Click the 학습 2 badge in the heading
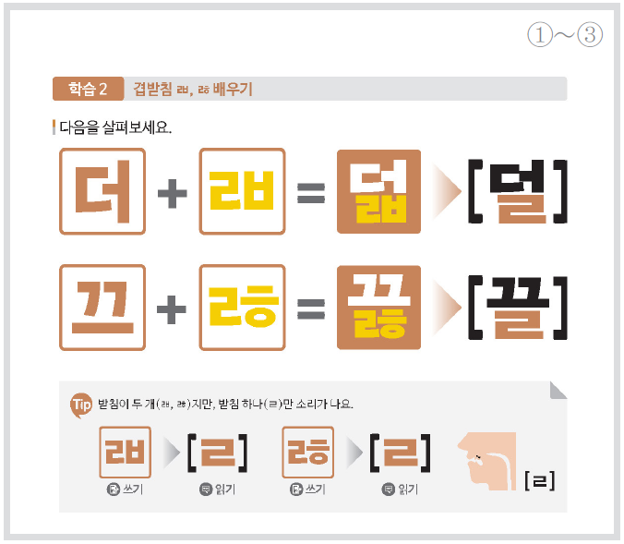(x=88, y=89)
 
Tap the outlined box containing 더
(x=102, y=191)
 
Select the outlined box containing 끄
(x=102, y=308)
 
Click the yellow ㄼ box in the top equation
(x=242, y=191)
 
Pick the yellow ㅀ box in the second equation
(x=242, y=308)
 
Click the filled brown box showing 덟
(x=378, y=191)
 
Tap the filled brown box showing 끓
(x=378, y=308)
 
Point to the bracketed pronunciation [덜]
(x=517, y=191)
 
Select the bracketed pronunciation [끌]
(x=517, y=308)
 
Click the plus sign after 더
(x=173, y=194)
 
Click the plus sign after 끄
(x=172, y=309)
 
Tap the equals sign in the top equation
(x=311, y=193)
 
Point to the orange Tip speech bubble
(x=81, y=405)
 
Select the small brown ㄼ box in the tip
(x=125, y=452)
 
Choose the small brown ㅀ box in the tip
(x=307, y=452)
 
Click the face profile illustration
(x=486, y=461)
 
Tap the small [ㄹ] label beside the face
(x=540, y=480)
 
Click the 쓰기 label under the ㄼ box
(x=133, y=489)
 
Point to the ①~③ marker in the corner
(x=565, y=35)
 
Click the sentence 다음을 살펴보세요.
(x=115, y=127)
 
